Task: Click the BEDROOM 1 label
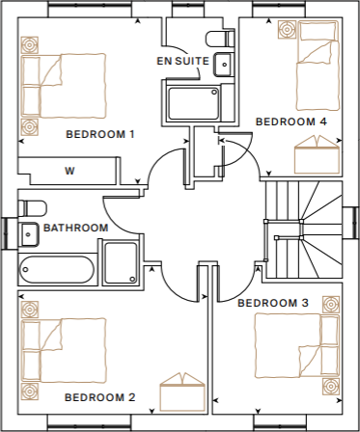[99, 134]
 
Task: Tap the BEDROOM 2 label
[99, 397]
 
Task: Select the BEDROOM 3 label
[273, 304]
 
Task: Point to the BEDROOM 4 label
[291, 122]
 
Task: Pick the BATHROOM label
[75, 228]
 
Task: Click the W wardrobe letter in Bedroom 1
[69, 172]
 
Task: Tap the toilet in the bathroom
[31, 208]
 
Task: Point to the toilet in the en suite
[222, 38]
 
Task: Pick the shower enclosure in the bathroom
[122, 263]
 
